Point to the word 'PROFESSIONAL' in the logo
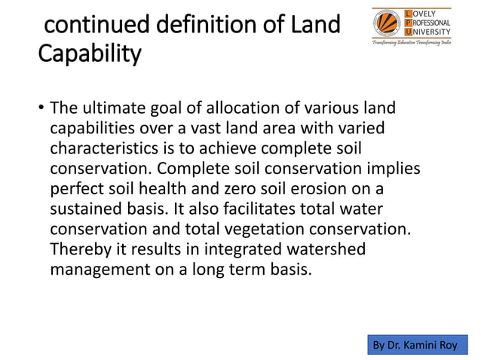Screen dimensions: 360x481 430,23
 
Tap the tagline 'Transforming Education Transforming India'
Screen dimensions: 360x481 412,45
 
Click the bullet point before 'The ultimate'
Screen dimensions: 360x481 41,111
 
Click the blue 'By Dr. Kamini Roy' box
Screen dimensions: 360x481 415,344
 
